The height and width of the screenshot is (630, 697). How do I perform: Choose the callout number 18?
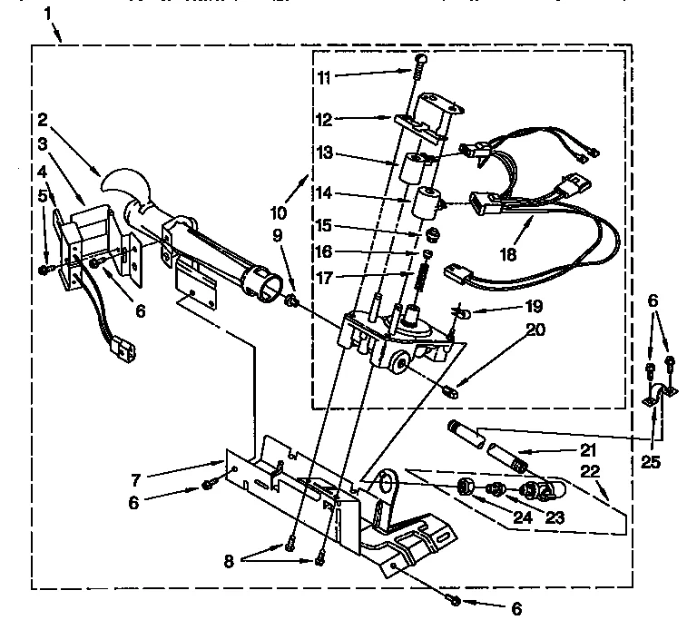[507, 255]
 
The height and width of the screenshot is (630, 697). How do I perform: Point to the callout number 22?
[592, 472]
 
